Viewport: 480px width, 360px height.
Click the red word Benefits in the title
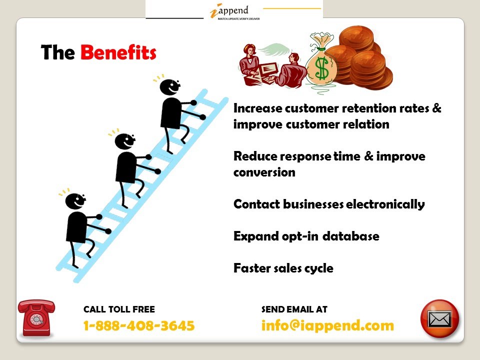(118, 52)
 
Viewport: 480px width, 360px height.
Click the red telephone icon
(36, 317)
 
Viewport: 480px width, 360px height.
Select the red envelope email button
(439, 318)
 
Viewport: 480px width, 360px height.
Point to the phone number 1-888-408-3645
(138, 326)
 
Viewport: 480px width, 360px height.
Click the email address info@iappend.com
(327, 326)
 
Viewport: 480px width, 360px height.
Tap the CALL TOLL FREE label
(119, 309)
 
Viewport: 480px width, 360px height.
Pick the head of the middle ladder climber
(124, 141)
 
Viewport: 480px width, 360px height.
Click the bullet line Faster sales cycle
(283, 268)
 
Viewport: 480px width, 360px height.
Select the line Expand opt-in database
(306, 236)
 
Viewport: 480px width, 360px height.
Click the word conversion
(264, 172)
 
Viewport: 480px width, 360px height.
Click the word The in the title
(57, 52)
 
